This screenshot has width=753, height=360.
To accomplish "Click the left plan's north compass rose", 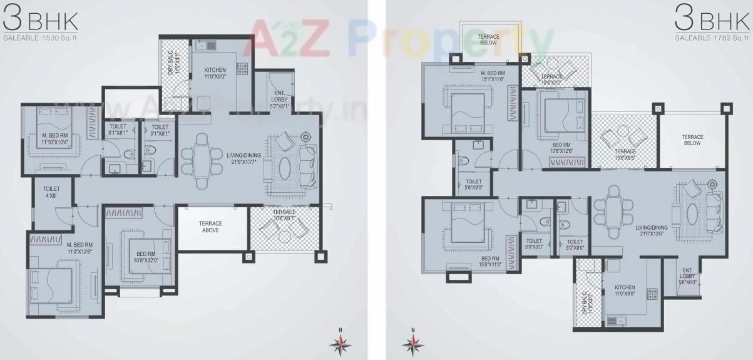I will coord(340,342).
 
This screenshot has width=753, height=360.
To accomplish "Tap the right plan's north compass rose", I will coord(412,342).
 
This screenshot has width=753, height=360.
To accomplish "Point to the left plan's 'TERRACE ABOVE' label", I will coord(210,227).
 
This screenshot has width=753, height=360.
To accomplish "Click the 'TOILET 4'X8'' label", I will coord(51,192).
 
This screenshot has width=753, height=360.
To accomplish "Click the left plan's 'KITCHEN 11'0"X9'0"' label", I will coord(215,72).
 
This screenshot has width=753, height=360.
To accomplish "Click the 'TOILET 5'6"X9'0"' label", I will coord(474,184).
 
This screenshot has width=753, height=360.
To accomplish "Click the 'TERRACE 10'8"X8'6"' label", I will coord(625,155).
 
